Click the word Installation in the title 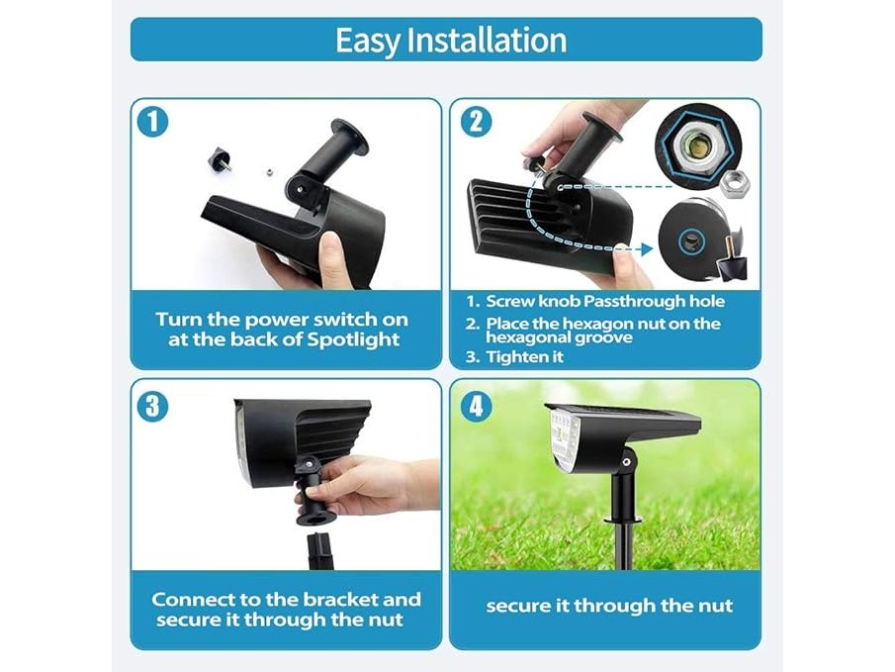click(x=488, y=40)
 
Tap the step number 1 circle click(x=153, y=122)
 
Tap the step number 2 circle click(x=476, y=122)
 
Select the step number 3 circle click(x=153, y=407)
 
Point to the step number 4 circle click(x=476, y=407)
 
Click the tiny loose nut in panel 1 click(x=267, y=171)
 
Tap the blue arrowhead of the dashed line click(x=647, y=249)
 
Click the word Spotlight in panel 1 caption click(x=354, y=340)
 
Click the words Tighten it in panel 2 click(x=524, y=357)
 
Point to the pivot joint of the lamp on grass click(x=627, y=461)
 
